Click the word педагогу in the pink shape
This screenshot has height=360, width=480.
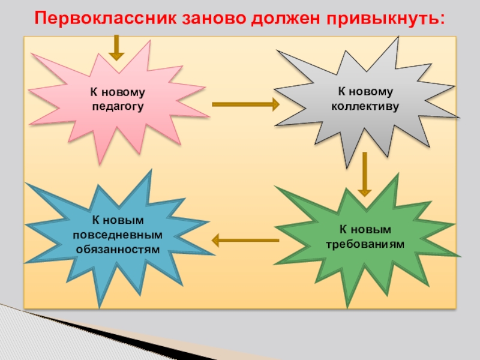(x=118, y=106)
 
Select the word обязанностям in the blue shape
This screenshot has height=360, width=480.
(x=118, y=247)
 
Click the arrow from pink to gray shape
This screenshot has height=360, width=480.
(x=246, y=104)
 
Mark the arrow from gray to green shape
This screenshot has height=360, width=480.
(x=364, y=174)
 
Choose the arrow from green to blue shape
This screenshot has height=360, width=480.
(x=245, y=241)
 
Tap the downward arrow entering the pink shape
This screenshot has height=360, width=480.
(x=116, y=47)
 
